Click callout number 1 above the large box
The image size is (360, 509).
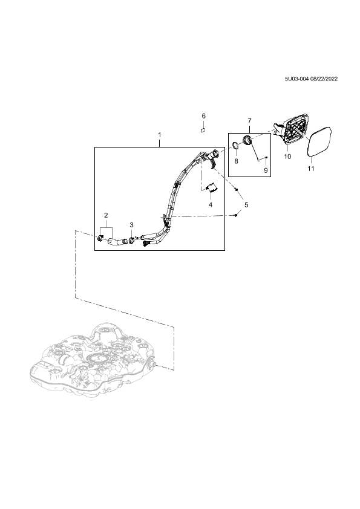[x=160, y=134]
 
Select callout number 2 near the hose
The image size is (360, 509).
[x=106, y=215]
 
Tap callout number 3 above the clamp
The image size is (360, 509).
[x=131, y=225]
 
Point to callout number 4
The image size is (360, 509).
[x=211, y=204]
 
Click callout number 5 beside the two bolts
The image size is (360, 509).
[x=246, y=205]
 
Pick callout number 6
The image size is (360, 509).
[x=204, y=116]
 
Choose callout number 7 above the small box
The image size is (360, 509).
[x=249, y=121]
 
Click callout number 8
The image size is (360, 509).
[x=236, y=161]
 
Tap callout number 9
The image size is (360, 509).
[x=266, y=170]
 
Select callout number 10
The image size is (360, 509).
[x=287, y=157]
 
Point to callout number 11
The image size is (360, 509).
[x=311, y=169]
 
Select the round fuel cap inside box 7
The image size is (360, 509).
[x=247, y=141]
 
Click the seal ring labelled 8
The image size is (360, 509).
[x=236, y=146]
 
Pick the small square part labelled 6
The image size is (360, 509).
[x=202, y=130]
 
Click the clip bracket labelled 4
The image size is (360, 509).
[x=212, y=187]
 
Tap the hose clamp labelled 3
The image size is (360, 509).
[x=131, y=241]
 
